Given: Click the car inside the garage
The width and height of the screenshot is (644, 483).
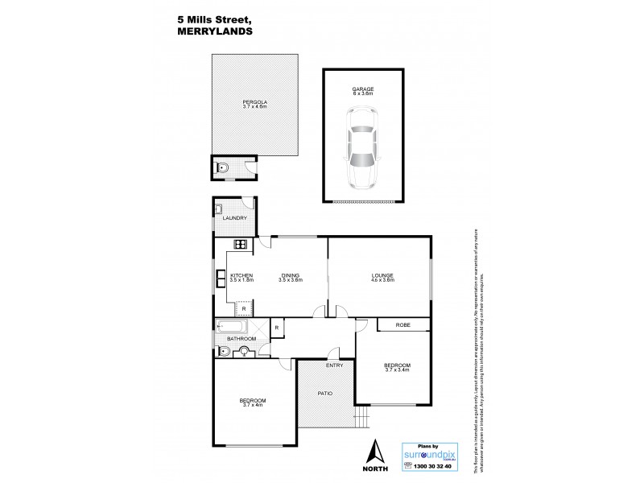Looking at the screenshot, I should pos(361,147).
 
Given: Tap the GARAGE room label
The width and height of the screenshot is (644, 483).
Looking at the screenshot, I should pos(361,89).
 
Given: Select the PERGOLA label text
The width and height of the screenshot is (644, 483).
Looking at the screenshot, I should pos(254,101).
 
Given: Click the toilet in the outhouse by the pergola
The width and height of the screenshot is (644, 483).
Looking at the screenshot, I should pos(224,168).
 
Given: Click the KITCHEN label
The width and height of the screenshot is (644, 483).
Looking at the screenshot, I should pos(242,275).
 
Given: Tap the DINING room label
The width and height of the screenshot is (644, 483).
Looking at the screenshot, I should pos(290,275).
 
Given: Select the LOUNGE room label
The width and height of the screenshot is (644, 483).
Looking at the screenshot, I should pos(382,275).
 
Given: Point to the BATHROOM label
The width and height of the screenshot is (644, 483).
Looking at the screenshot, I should pos(241,339).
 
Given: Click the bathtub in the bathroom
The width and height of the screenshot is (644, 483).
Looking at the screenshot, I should pos(232,327).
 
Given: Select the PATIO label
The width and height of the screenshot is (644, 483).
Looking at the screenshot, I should pos(324,393).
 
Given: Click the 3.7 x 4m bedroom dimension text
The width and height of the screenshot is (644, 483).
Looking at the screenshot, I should pos(252,406).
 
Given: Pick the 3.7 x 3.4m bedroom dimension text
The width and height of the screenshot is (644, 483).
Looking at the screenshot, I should pos(398,369).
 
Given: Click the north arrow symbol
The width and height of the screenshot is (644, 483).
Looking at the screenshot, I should pos(375,452).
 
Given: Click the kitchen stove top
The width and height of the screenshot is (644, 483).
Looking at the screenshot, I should pos(239,244).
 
